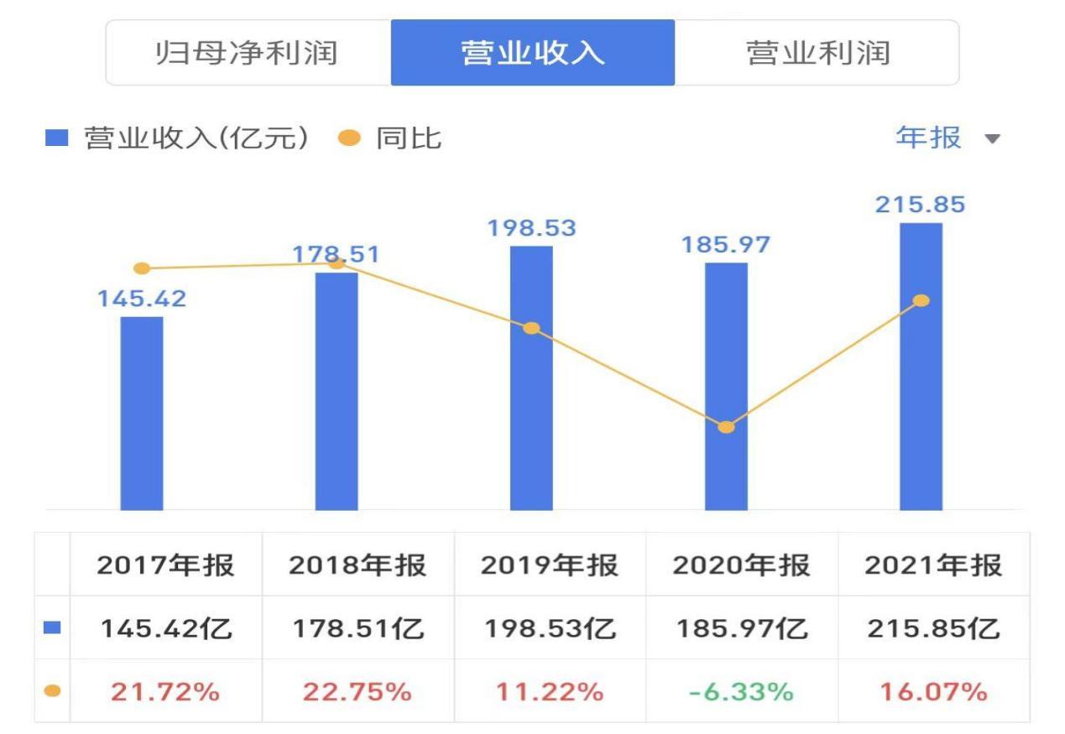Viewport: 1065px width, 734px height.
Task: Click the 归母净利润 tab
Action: [248, 53]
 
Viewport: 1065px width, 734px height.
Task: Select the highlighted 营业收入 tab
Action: [532, 53]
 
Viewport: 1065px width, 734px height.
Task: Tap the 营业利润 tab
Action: [817, 53]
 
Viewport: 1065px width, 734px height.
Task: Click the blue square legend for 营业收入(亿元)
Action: [55, 138]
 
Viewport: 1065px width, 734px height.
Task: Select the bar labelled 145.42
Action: [142, 413]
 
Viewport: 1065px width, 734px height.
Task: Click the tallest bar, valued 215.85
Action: [921, 367]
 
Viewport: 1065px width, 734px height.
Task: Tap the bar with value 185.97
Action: [726, 386]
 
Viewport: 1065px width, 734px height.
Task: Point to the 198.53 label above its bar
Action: [532, 228]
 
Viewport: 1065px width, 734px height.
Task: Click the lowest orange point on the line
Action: [727, 427]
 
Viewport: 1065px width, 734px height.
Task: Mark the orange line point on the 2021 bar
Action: [921, 300]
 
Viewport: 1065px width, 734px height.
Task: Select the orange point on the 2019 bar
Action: [531, 328]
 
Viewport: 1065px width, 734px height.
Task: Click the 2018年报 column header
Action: [358, 565]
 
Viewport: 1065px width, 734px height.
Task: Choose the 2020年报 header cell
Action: [741, 565]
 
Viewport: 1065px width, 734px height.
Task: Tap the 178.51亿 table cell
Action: [358, 628]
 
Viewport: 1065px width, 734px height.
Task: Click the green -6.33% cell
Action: [741, 692]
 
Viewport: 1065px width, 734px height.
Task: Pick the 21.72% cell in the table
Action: [165, 692]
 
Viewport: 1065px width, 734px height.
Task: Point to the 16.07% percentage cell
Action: [933, 692]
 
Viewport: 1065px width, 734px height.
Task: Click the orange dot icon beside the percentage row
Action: [52, 692]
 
